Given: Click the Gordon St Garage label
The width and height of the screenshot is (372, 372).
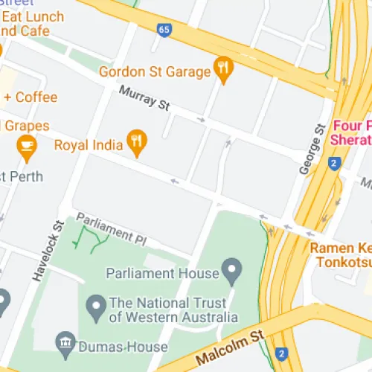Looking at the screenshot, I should tap(155, 72).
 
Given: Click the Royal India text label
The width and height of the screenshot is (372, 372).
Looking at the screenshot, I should tap(88, 144).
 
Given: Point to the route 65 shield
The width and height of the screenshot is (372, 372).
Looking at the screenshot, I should tap(164, 30).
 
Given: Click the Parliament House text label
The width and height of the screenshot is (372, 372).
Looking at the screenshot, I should tap(163, 273).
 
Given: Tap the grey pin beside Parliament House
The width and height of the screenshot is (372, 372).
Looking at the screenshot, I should tap(233, 270).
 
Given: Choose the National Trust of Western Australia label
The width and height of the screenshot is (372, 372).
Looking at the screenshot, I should tap(173, 310).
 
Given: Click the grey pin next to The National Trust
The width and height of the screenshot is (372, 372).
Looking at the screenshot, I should tap(96, 305).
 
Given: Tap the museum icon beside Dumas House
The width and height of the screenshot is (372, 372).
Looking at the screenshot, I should tap(65, 344).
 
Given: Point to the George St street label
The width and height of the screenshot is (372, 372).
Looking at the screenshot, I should tap(312, 149).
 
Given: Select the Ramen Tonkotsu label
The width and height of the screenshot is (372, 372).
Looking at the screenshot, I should tap(341, 255).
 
